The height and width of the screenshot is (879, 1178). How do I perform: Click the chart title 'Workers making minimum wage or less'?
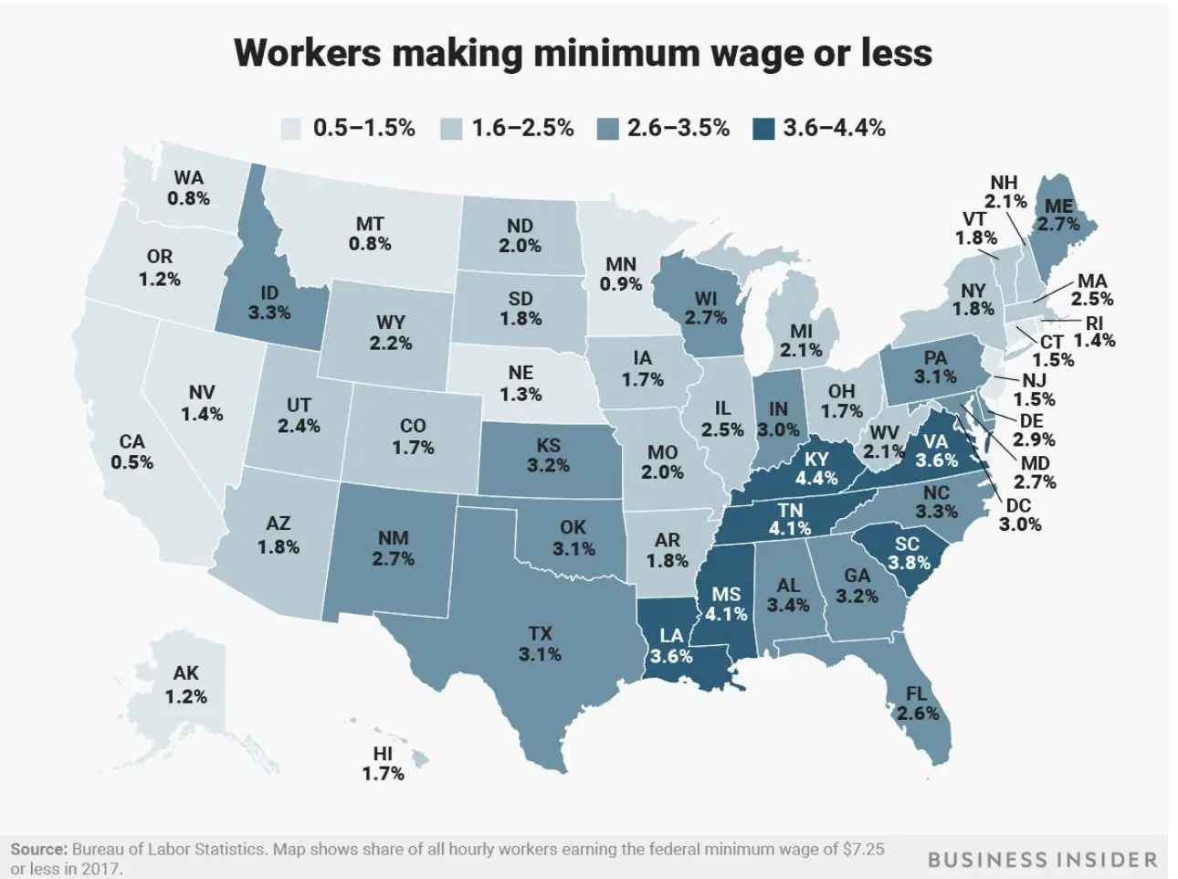tap(583, 53)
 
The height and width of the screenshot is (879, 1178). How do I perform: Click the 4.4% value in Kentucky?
tap(815, 479)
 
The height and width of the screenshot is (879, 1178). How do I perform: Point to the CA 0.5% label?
tap(132, 452)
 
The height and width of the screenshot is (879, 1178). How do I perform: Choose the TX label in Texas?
tap(540, 633)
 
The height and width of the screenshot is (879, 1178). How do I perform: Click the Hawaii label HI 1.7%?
tap(383, 764)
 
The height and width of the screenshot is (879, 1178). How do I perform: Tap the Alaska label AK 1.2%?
tap(185, 684)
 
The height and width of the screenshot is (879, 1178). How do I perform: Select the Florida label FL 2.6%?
tap(917, 704)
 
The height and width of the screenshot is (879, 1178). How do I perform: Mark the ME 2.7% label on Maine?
tap(1058, 215)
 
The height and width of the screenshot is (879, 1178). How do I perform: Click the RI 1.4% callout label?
tap(1094, 332)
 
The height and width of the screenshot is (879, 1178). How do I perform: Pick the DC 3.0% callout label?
tap(1019, 514)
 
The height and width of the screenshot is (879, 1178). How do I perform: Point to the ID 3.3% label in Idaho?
tap(269, 302)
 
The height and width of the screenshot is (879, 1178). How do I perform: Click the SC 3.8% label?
tap(908, 553)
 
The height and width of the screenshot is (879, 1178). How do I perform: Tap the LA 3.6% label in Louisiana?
tap(671, 646)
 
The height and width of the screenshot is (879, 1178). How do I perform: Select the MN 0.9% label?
tap(621, 274)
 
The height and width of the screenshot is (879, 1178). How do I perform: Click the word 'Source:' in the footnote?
tap(38, 849)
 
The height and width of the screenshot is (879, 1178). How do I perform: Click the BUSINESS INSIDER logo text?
tap(1042, 860)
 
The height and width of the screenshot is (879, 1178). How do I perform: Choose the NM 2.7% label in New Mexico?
tap(394, 548)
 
